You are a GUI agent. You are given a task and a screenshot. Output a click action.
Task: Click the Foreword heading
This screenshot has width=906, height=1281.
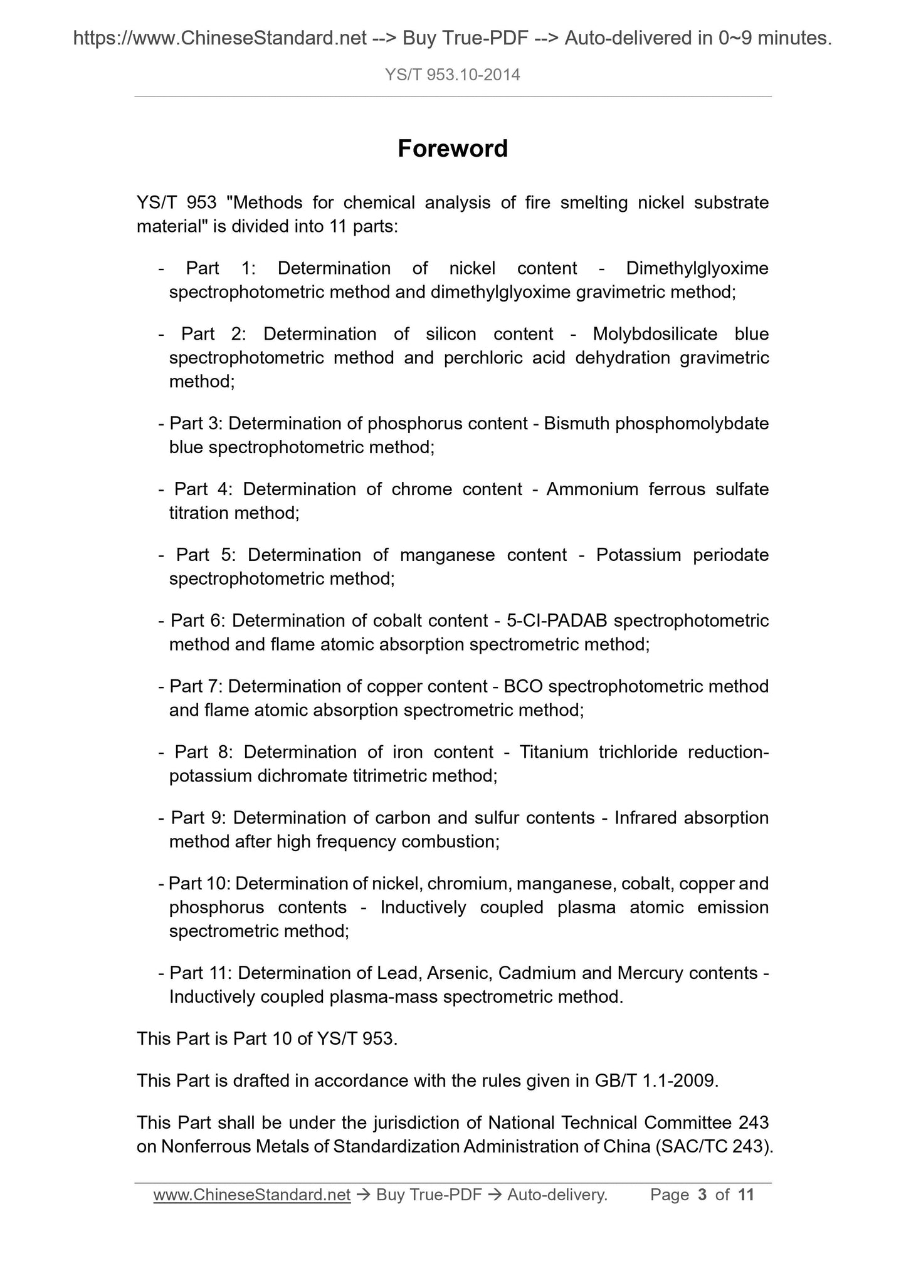click(x=453, y=149)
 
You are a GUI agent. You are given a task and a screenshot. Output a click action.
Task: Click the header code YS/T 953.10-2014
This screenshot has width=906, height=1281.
click(x=453, y=75)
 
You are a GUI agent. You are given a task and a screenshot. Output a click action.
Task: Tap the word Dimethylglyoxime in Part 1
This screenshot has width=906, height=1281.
click(x=697, y=268)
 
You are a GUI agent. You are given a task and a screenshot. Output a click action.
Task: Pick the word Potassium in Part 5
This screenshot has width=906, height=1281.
click(x=638, y=555)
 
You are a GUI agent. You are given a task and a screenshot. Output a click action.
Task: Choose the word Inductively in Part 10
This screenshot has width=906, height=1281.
click(x=423, y=907)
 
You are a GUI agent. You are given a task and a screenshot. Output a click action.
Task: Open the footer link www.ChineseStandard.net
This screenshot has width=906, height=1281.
click(x=251, y=1195)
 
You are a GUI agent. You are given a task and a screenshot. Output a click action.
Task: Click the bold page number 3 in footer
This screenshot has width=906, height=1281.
click(x=702, y=1195)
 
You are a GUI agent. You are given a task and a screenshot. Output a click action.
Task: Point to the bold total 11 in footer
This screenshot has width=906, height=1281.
click(x=745, y=1195)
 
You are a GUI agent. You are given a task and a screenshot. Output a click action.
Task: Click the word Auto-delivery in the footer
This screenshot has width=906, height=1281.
click(x=556, y=1195)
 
